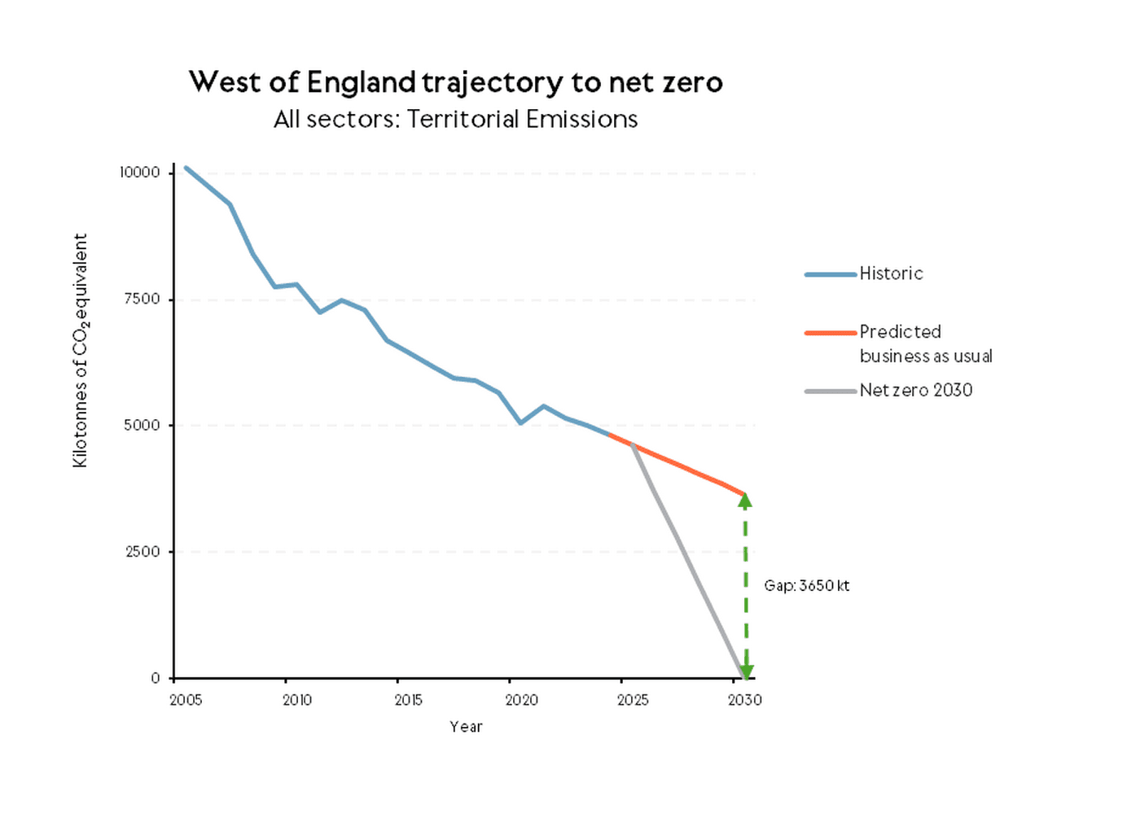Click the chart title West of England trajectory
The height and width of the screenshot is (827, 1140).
click(455, 82)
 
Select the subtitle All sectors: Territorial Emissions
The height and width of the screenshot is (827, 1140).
click(455, 120)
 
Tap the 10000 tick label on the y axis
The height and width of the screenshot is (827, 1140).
click(140, 173)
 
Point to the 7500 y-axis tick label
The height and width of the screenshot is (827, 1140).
click(142, 299)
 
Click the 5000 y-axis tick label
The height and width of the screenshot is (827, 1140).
click(142, 425)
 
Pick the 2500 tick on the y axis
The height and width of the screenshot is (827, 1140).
click(142, 551)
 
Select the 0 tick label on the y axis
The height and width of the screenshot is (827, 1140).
click(156, 678)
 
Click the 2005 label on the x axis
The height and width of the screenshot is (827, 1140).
click(186, 700)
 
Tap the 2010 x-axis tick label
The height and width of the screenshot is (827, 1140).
click(297, 700)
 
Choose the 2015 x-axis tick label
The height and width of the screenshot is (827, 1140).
click(409, 700)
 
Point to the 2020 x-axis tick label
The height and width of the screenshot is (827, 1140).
click(521, 700)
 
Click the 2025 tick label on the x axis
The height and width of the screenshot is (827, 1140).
click(633, 700)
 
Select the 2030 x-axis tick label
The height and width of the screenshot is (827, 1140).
click(744, 700)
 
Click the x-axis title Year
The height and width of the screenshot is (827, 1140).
click(466, 727)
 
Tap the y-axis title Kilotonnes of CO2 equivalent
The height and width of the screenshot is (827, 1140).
click(80, 350)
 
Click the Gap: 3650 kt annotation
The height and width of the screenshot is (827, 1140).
click(806, 585)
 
